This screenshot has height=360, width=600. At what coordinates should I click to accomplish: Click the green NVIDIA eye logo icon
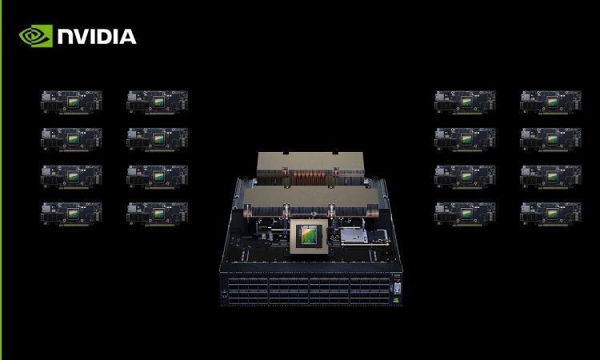(35, 36)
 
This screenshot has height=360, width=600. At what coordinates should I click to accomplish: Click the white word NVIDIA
(97, 37)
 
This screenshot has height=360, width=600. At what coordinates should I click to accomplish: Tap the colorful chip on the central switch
(309, 235)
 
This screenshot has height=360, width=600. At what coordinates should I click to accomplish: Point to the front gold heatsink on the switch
(310, 200)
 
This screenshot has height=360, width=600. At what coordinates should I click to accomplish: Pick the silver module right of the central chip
(354, 236)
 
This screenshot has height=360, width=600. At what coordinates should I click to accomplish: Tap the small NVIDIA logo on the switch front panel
(397, 299)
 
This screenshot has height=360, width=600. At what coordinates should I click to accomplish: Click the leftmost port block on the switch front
(247, 291)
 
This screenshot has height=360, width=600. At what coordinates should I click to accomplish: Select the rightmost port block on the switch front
(370, 291)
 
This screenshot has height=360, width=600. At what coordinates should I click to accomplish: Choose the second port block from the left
(289, 291)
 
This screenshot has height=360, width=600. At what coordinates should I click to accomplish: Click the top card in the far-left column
(71, 102)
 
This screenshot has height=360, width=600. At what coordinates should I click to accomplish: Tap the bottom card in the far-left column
(71, 214)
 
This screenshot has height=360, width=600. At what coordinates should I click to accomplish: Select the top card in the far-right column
(550, 102)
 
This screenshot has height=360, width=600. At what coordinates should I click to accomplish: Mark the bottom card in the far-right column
(550, 214)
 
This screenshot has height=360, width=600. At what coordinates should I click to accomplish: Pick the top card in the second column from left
(158, 102)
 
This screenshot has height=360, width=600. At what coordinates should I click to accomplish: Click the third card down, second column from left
(158, 177)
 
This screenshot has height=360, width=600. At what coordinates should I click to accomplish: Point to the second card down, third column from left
(465, 140)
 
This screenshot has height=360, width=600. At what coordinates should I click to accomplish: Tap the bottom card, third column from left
(465, 214)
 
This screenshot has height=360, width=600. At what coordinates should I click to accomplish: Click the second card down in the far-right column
(550, 140)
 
